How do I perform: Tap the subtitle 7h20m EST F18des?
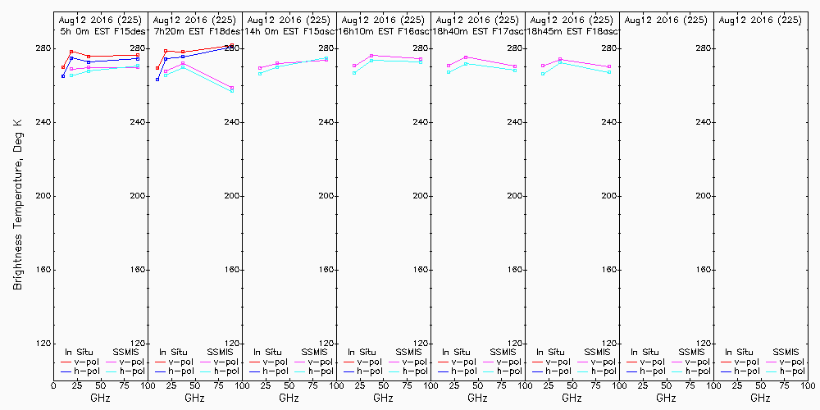[196, 31]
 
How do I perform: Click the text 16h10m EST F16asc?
[385, 31]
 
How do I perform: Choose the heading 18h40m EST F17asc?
[479, 31]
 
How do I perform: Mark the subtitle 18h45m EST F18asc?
[573, 31]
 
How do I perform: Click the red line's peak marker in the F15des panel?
[71, 52]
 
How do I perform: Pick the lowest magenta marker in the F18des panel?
[232, 88]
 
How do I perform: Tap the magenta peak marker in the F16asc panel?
[371, 56]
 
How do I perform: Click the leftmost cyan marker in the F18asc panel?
[543, 74]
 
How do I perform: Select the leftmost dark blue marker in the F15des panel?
[63, 76]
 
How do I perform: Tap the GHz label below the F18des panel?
[194, 398]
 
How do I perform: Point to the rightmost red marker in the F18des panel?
[232, 45]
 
